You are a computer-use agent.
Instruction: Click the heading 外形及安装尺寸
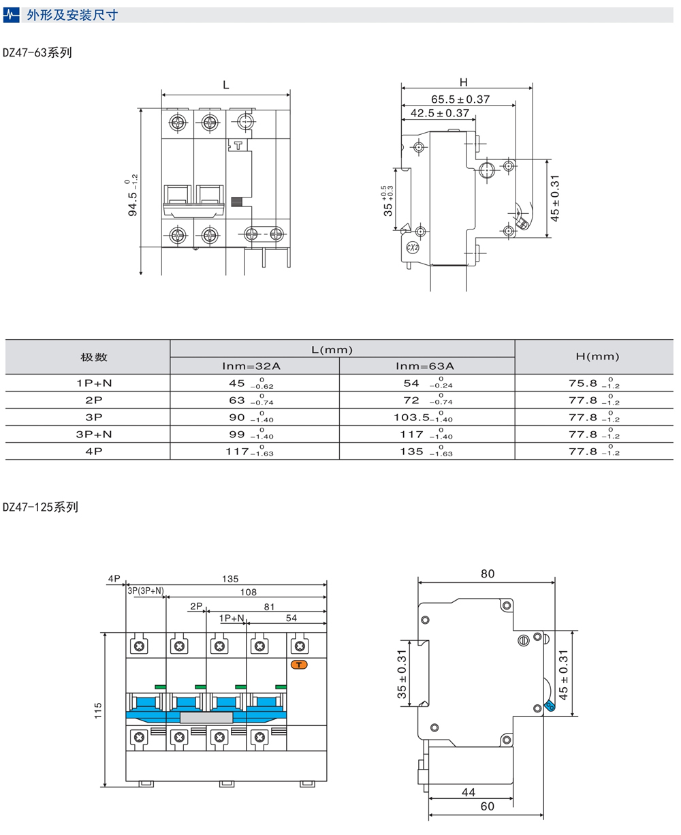[x=72, y=15]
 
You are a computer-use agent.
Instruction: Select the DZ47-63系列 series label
[x=37, y=52]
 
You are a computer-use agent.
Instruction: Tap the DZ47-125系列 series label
[x=41, y=507]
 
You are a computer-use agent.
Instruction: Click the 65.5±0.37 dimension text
[x=460, y=99]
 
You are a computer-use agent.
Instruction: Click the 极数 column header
[x=94, y=357]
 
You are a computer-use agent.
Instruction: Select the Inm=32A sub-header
[x=251, y=366]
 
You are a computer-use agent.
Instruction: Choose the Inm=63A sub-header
[x=425, y=366]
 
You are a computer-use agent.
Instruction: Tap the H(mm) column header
[x=598, y=357]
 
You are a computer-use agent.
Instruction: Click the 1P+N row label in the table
[x=94, y=383]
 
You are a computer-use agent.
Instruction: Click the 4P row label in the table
[x=94, y=451]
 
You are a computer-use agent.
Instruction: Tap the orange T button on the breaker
[x=300, y=664]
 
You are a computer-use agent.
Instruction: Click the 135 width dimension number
[x=230, y=579]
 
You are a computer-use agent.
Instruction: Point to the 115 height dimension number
[x=99, y=711]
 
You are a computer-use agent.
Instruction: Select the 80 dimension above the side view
[x=488, y=574]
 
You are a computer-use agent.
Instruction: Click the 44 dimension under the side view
[x=469, y=792]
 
